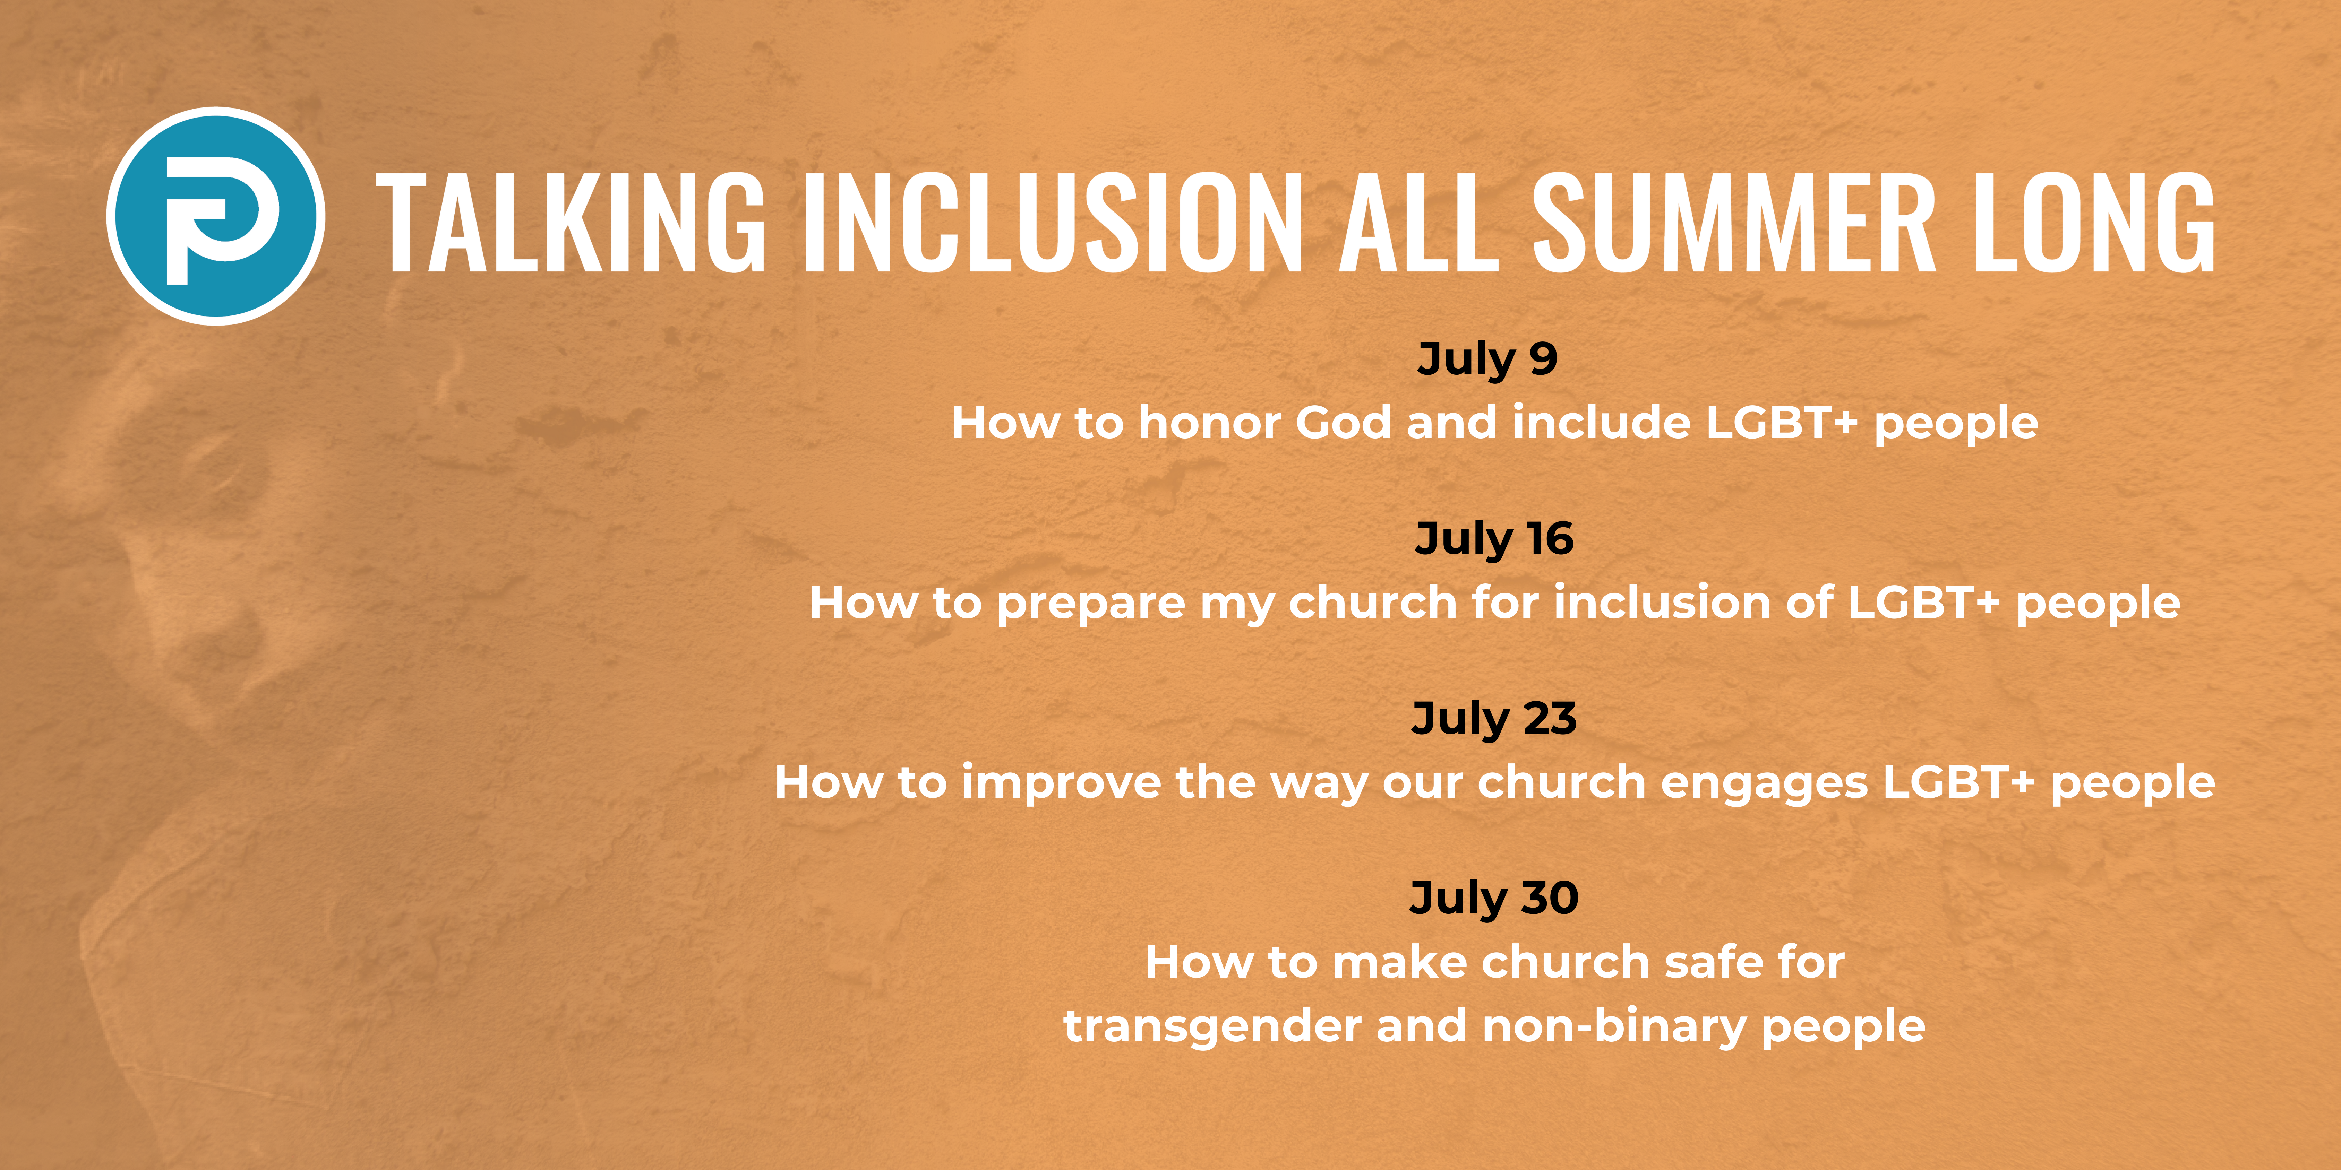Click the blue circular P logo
[215, 216]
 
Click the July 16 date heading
[1494, 539]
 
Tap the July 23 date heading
[1494, 719]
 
